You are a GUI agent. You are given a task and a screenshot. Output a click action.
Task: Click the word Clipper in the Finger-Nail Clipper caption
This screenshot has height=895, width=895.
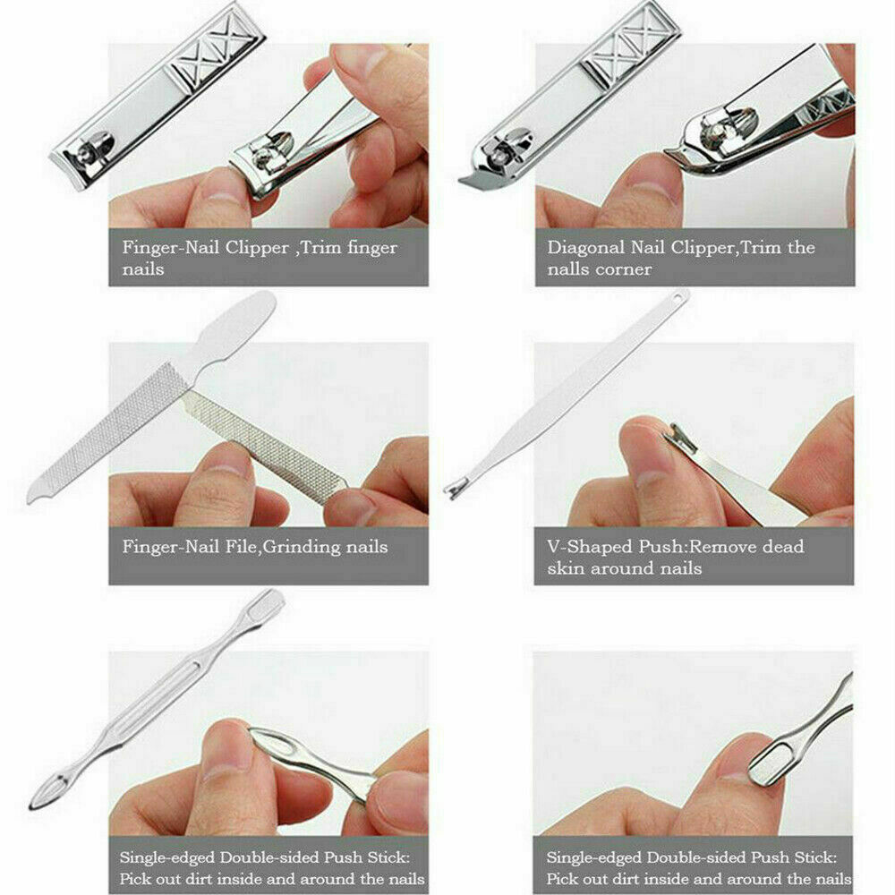(257, 248)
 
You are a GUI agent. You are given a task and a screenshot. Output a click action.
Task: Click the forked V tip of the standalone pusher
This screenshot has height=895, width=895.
(455, 490)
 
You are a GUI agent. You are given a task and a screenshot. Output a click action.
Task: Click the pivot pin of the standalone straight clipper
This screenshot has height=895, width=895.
(85, 150)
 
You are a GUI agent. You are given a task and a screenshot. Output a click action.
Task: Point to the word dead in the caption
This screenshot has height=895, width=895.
(783, 547)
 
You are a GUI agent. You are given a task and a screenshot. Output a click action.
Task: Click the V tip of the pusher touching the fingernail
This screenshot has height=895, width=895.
(679, 439)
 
